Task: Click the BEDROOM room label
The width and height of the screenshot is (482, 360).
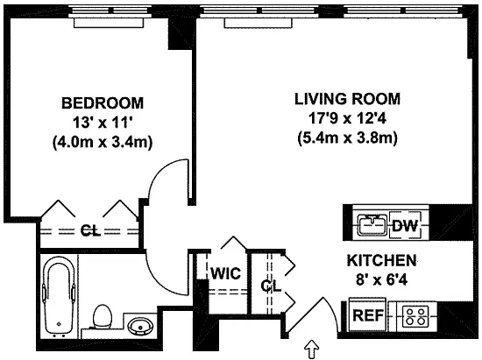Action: [103, 102]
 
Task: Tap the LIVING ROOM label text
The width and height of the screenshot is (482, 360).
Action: [347, 99]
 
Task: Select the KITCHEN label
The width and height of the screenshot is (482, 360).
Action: [382, 260]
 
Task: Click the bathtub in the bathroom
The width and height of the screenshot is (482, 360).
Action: [59, 297]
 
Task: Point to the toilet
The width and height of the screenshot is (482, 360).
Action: [102, 316]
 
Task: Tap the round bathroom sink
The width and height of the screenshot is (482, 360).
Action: [140, 326]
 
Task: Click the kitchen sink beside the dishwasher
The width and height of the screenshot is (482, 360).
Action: [372, 226]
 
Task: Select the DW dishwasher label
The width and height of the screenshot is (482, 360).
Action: [405, 226]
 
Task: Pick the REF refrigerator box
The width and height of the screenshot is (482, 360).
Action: [368, 314]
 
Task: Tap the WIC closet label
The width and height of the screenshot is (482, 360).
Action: [225, 273]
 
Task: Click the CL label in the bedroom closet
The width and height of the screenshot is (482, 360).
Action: [90, 230]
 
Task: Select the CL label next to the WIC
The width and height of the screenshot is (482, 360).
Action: [271, 286]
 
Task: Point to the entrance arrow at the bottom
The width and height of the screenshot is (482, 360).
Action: [312, 349]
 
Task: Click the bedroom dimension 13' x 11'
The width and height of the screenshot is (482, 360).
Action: [103, 123]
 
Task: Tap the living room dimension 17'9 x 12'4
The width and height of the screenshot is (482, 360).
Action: [347, 118]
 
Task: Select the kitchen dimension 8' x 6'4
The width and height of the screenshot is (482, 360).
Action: [382, 279]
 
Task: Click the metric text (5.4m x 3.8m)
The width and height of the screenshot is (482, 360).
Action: [347, 138]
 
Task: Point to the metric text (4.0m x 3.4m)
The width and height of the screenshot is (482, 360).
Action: [103, 143]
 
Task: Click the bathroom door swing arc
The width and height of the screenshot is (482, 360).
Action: [159, 285]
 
